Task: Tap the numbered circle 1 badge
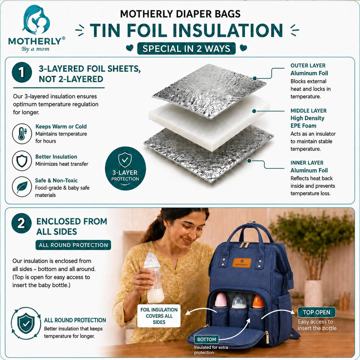coord(22,72)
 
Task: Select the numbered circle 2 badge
coord(21,223)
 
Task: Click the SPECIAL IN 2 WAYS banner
coord(186,49)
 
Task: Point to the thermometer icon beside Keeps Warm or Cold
coord(22,134)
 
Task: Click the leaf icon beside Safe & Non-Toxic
coord(22,187)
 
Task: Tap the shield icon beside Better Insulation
coord(22,160)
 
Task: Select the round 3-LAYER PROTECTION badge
coord(126,168)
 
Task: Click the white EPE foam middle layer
coord(209,122)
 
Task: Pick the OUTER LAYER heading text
coord(308,66)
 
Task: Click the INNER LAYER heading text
coord(307,163)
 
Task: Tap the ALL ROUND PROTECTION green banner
coord(73,245)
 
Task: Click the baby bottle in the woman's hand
coord(154,278)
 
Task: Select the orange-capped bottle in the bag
coord(258,301)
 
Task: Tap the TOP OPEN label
coord(317,312)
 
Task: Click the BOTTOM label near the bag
coord(207,339)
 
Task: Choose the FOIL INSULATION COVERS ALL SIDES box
coord(159,316)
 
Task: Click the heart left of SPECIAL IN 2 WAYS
coord(130,48)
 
